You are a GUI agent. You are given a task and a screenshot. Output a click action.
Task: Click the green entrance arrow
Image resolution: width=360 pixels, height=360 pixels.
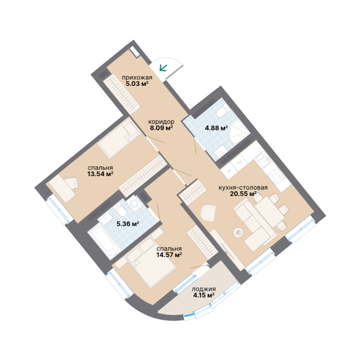pyautogui.click(x=163, y=67)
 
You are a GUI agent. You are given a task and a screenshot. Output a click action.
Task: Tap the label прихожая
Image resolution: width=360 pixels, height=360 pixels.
pyautogui.click(x=137, y=77)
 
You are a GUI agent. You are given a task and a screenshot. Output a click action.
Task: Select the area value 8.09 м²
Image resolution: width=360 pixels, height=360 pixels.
pyautogui.click(x=161, y=127)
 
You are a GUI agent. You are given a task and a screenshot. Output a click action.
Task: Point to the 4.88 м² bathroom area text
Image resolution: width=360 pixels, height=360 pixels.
pyautogui.click(x=216, y=127)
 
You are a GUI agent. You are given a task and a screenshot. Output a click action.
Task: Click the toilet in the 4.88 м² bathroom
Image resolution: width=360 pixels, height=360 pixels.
pyautogui.click(x=223, y=111)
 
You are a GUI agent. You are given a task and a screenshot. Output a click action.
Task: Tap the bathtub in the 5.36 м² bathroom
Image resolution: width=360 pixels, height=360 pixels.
pyautogui.click(x=103, y=243)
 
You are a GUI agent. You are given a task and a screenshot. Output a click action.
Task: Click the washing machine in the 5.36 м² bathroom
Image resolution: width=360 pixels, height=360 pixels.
pyautogui.click(x=134, y=203)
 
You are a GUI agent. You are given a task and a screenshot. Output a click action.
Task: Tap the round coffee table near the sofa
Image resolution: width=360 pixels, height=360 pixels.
pyautogui.click(x=238, y=232)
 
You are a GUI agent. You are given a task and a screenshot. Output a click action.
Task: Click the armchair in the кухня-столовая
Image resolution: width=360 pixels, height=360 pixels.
pyautogui.click(x=208, y=213)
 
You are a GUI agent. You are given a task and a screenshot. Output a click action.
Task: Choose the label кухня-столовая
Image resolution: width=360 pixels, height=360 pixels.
pyautogui.click(x=243, y=187)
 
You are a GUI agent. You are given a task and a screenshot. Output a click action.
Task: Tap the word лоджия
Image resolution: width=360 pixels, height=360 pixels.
pyautogui.click(x=203, y=289)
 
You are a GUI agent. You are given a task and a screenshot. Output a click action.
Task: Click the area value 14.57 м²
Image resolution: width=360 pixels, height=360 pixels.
pyautogui.click(x=169, y=255)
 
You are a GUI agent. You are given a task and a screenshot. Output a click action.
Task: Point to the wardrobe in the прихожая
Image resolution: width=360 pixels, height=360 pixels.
pyautogui.click(x=121, y=94)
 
